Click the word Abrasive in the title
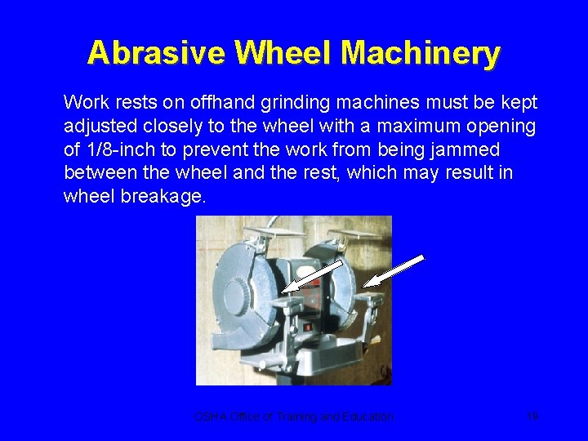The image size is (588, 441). pyautogui.click(x=156, y=53)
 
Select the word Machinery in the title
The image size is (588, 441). pyautogui.click(x=421, y=53)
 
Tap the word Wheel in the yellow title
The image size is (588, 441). pyautogui.click(x=283, y=53)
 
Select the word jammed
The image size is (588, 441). pyautogui.click(x=469, y=150)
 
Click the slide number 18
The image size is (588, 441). pyautogui.click(x=532, y=416)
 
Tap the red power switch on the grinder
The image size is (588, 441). pyautogui.click(x=309, y=327)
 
